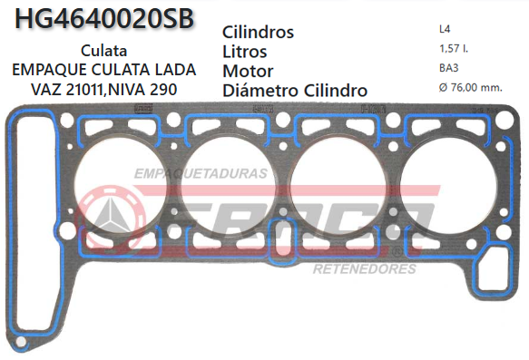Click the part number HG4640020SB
pos(105,19)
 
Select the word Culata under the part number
pos(103,52)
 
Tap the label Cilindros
pos(259,32)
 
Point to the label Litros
pos(244,51)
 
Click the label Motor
pos(248,71)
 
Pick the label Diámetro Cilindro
pos(295,90)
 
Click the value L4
pos(442,28)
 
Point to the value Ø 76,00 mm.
pos(470,87)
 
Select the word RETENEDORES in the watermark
pos(364,269)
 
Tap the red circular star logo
pos(113,218)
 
